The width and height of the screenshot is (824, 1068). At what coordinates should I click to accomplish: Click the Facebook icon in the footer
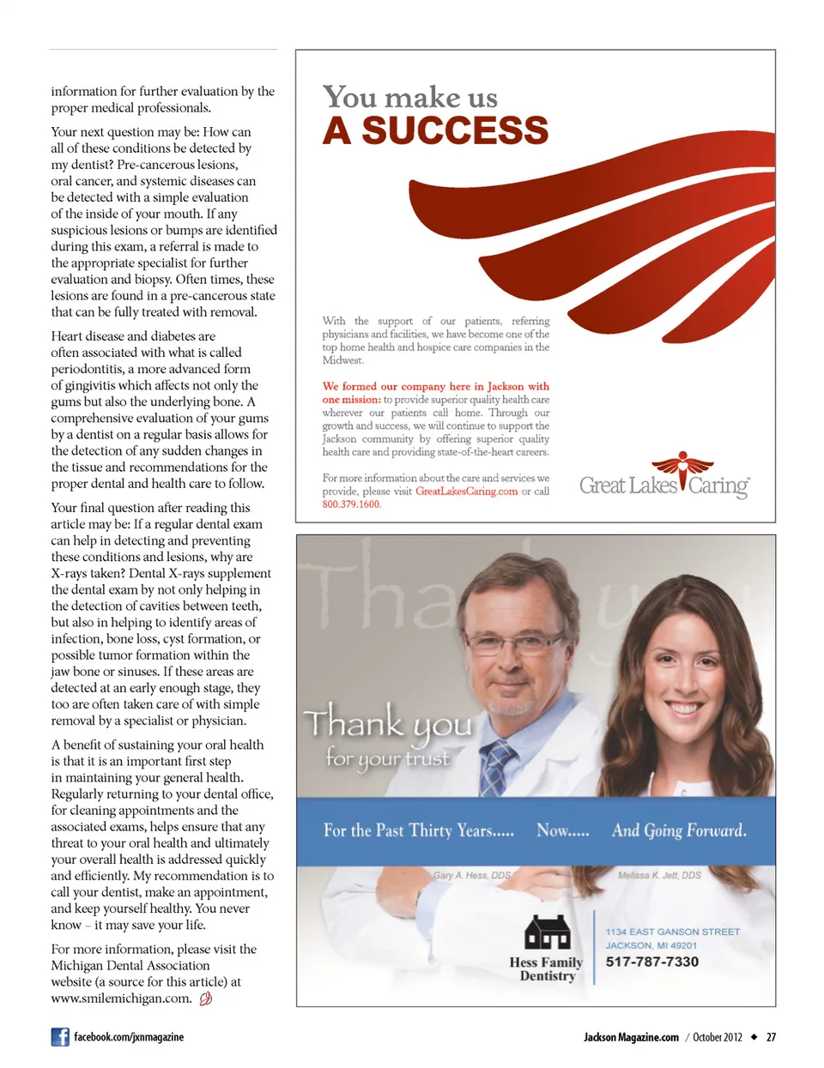[x=60, y=1037]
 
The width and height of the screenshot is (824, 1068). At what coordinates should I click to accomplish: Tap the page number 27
[x=771, y=1037]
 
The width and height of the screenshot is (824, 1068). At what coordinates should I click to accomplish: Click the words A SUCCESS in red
[x=435, y=130]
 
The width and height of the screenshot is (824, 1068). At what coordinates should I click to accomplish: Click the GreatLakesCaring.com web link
[x=466, y=492]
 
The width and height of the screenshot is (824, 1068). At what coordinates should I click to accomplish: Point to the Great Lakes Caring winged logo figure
[x=683, y=471]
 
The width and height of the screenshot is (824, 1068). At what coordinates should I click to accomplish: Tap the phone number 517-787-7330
[x=652, y=962]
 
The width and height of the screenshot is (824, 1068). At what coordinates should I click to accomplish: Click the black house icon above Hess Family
[x=547, y=932]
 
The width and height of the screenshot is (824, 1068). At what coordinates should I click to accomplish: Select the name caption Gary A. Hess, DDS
[x=471, y=875]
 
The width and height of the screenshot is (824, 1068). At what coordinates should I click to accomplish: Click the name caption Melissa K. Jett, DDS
[x=659, y=875]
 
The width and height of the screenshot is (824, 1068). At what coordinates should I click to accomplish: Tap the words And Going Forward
[x=679, y=830]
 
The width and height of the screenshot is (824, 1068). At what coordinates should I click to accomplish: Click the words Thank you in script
[x=387, y=723]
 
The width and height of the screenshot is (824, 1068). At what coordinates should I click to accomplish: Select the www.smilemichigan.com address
[x=121, y=999]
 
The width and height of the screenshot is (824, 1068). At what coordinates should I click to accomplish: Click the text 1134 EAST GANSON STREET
[x=672, y=932]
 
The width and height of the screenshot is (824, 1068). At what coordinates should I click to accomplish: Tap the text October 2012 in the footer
[x=718, y=1037]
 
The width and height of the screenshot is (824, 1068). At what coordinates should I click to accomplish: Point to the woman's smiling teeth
[x=684, y=709]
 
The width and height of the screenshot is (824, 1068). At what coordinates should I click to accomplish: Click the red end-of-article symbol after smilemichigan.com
[x=205, y=999]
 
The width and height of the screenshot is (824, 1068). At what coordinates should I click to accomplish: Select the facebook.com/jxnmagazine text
[x=129, y=1037]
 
